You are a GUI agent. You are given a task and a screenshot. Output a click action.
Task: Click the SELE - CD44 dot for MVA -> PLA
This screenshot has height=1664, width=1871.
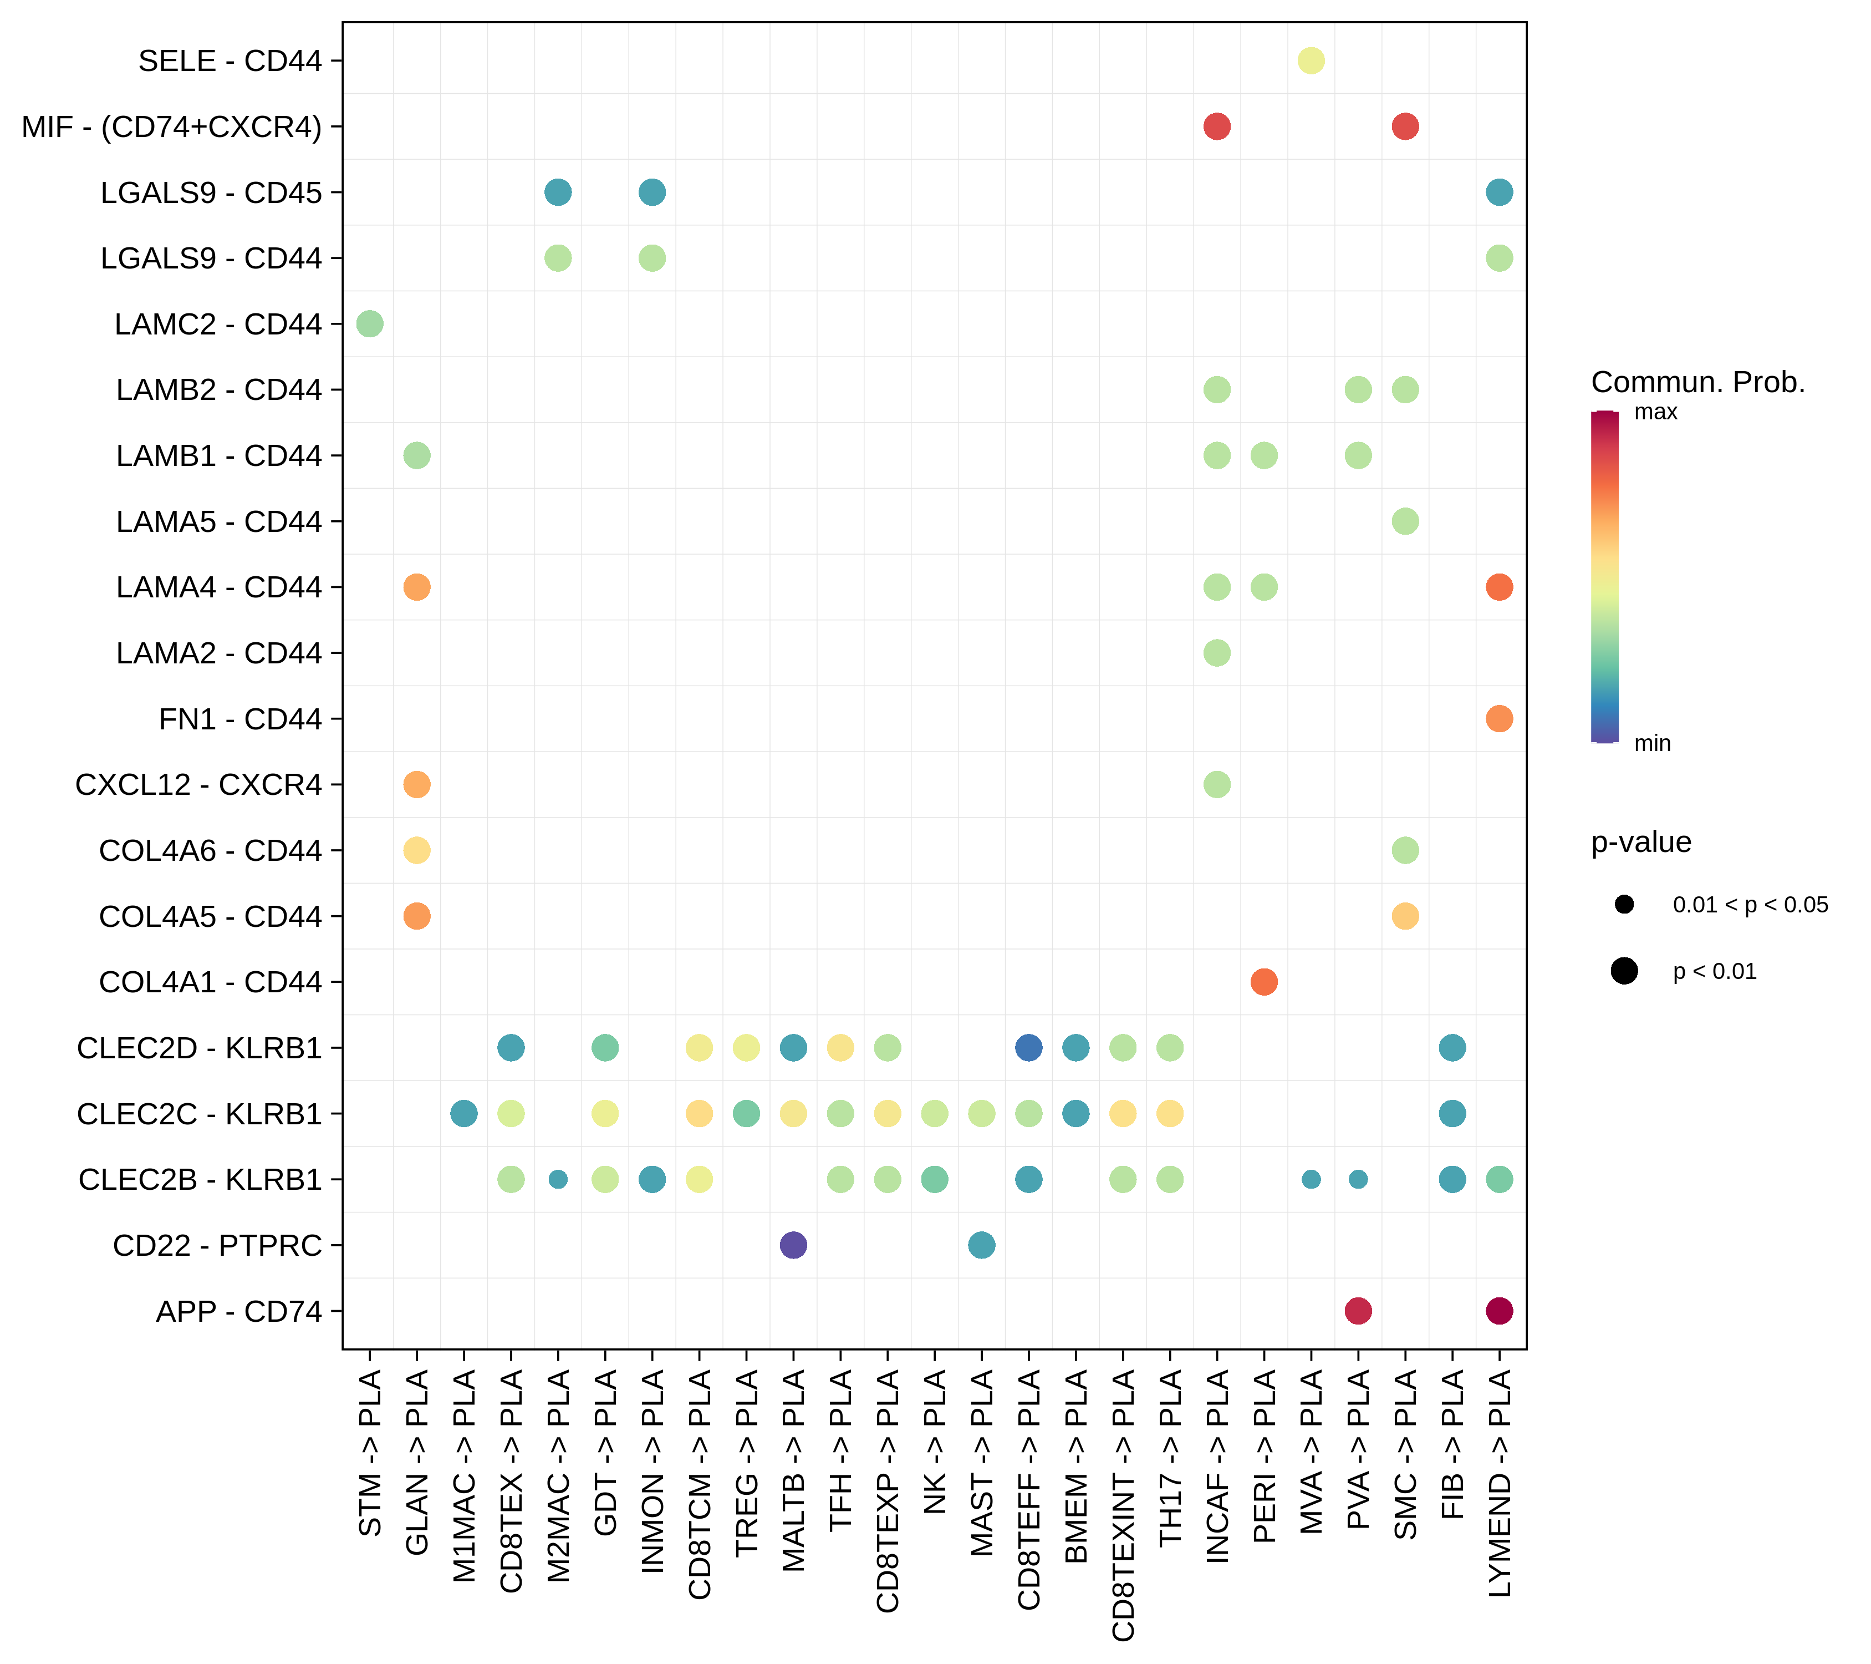[x=1310, y=60]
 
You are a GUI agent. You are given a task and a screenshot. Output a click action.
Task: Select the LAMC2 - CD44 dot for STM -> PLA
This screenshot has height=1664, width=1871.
[x=369, y=323]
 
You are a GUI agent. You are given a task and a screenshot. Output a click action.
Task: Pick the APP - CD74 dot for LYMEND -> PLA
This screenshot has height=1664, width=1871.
[x=1498, y=1311]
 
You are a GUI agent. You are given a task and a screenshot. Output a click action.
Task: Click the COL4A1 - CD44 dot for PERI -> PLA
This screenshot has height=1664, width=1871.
[x=1263, y=982]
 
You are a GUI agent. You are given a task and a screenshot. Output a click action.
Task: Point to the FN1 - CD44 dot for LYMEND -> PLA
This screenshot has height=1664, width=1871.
[x=1498, y=719]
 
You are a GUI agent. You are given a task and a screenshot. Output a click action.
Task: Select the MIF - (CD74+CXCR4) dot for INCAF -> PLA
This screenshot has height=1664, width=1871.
[x=1216, y=126]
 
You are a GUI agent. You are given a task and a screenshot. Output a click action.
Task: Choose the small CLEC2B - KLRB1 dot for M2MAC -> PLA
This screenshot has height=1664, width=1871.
[x=558, y=1180]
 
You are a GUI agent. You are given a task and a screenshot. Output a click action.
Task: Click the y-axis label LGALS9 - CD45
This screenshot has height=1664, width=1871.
[x=211, y=193]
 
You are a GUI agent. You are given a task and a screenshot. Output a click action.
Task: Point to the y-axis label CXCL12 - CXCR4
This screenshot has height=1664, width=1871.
[x=198, y=785]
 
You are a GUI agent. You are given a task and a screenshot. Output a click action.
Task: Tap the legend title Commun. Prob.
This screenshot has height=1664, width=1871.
[x=1697, y=382]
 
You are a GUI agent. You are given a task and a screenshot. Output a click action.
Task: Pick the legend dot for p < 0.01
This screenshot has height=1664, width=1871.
[x=1624, y=971]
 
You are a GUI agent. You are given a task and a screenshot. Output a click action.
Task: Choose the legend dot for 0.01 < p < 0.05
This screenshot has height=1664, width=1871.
[x=1624, y=905]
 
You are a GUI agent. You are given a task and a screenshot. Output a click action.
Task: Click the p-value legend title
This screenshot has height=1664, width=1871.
[x=1640, y=841]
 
